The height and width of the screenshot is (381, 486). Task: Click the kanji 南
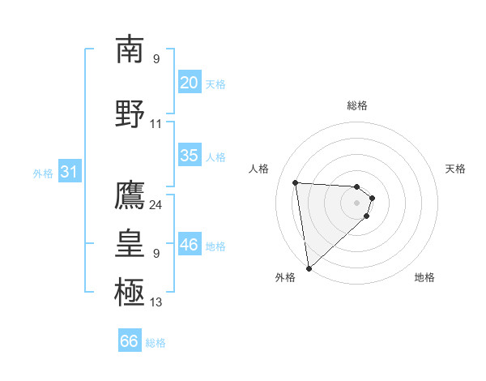point(130,49)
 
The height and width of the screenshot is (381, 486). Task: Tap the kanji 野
point(130,114)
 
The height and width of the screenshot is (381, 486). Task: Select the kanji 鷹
point(130,195)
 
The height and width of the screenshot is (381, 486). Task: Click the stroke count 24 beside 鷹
point(156,205)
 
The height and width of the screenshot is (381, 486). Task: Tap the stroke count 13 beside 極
point(156,302)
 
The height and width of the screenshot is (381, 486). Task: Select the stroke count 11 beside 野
point(156,124)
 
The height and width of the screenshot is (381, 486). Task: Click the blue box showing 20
point(189,83)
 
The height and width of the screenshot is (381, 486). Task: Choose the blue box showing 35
point(189,156)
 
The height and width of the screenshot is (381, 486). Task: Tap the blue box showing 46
point(189,245)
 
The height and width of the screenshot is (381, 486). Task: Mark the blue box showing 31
point(69,172)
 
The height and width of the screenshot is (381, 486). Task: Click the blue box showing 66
point(129,341)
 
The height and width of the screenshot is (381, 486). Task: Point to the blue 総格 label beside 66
point(156,343)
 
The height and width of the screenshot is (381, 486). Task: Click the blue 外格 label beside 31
point(43,173)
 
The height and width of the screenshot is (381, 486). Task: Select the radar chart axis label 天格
point(456,169)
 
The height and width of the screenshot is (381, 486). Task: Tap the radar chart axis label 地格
point(424,277)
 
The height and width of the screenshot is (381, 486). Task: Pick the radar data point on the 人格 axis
point(296,182)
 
